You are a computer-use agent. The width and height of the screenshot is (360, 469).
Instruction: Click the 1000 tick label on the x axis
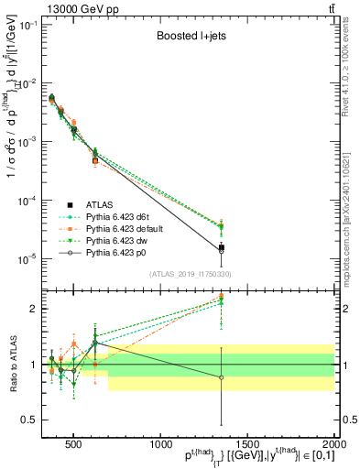click(x=160, y=442)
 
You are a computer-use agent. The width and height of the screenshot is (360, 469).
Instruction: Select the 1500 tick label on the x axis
click(x=247, y=442)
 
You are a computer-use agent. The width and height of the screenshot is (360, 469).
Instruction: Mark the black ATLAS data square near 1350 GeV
click(x=221, y=247)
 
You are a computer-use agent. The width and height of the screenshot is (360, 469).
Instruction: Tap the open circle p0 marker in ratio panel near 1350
click(x=221, y=377)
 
